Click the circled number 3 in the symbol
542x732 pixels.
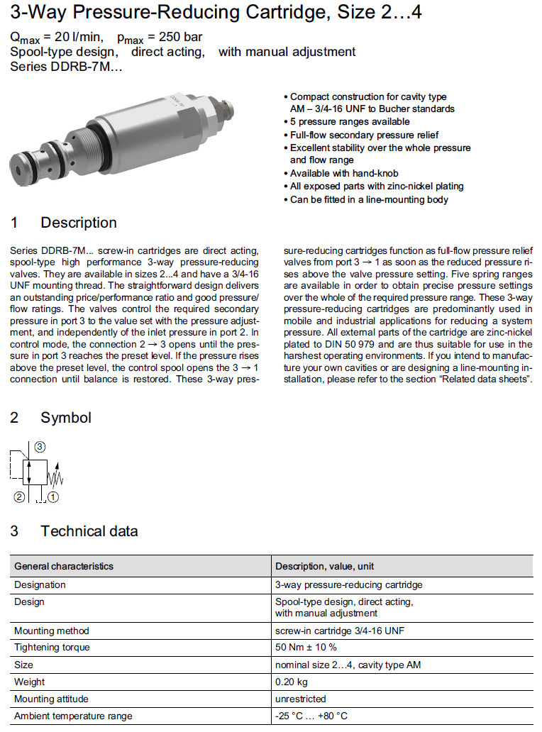click(x=40, y=446)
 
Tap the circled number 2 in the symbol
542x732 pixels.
click(x=20, y=497)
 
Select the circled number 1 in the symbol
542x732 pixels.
click(x=53, y=497)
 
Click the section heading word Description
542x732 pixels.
click(x=79, y=223)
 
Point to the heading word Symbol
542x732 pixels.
click(x=66, y=418)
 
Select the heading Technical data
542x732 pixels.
click(x=89, y=531)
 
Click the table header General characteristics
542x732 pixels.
click(x=64, y=566)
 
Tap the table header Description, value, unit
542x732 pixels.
click(x=324, y=566)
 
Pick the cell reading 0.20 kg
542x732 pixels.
click(x=291, y=682)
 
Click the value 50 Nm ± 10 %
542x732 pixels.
click(x=306, y=647)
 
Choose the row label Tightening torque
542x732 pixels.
click(x=52, y=647)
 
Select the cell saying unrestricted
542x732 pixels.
click(x=300, y=699)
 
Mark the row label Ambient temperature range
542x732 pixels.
click(x=73, y=716)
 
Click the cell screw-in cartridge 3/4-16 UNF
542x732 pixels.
click(x=340, y=630)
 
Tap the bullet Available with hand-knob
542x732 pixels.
click(x=344, y=173)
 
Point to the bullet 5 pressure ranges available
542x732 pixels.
click(x=350, y=122)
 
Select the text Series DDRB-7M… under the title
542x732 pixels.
click(x=67, y=67)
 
